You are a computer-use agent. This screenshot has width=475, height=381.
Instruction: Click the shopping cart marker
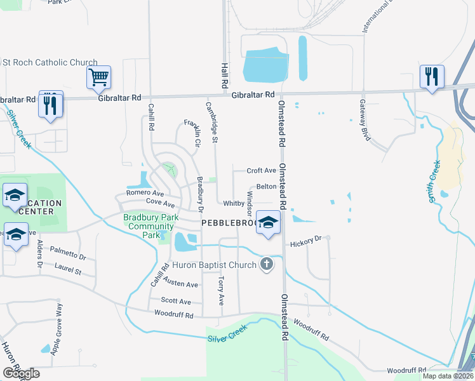(x=98, y=77)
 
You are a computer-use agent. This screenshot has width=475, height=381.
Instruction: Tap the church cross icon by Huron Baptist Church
(x=267, y=264)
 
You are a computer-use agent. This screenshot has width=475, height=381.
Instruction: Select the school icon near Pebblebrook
(x=269, y=223)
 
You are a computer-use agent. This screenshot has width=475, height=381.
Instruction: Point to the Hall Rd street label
(x=224, y=76)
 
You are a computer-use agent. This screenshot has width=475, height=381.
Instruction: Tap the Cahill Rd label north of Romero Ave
(x=152, y=117)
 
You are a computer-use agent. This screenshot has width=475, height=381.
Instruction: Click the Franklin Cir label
(x=193, y=129)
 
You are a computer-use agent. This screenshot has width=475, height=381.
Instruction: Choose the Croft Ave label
(x=261, y=171)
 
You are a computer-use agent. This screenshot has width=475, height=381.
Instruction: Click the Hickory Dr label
(x=306, y=240)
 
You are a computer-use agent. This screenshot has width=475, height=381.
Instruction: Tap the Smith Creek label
(x=435, y=181)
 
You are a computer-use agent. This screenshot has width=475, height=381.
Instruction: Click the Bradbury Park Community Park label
(x=151, y=225)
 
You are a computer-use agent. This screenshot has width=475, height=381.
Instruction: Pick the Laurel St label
(x=68, y=269)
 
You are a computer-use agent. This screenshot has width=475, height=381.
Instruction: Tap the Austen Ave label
(x=180, y=280)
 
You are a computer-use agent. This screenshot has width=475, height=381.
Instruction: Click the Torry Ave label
(x=220, y=291)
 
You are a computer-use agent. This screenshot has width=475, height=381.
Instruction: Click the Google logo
(x=21, y=373)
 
